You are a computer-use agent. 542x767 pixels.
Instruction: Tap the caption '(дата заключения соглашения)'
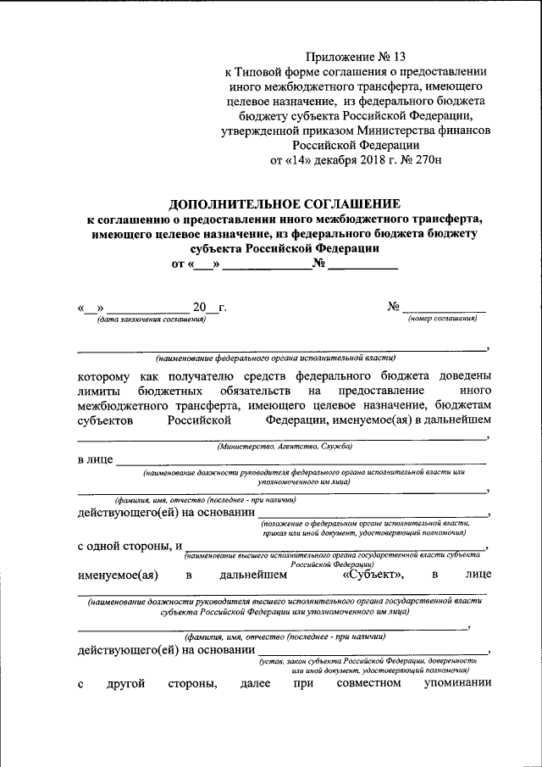click(152, 320)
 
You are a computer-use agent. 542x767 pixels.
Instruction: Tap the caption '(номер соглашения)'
click(442, 320)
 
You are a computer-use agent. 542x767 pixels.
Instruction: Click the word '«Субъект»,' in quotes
click(373, 575)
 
